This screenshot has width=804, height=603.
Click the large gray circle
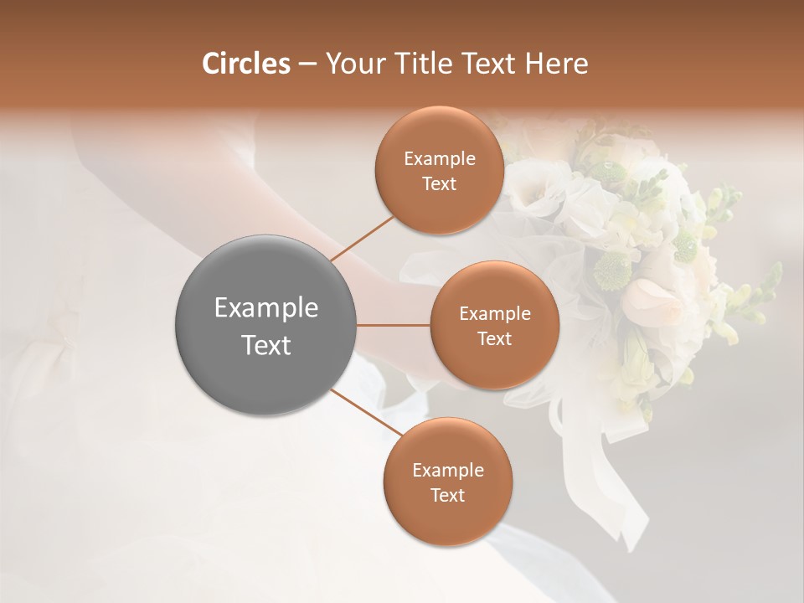tap(266, 325)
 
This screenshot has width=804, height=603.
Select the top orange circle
tap(439, 171)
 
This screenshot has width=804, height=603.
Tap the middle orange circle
tap(494, 325)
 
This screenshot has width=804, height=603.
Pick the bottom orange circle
tap(447, 482)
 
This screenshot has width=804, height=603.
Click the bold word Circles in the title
tap(246, 64)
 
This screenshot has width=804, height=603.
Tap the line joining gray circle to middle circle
tap(394, 325)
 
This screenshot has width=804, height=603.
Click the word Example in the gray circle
tap(266, 308)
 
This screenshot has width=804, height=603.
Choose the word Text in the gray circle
tap(266, 345)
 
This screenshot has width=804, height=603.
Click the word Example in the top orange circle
tap(440, 159)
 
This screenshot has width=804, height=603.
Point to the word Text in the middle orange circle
tap(494, 338)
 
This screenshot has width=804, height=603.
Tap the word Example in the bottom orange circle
tap(448, 471)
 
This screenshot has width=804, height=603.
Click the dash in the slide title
tap(307, 64)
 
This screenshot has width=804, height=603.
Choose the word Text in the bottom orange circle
tap(447, 495)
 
